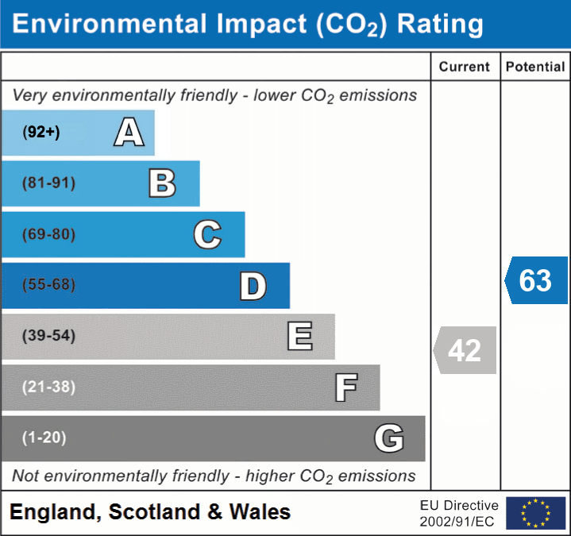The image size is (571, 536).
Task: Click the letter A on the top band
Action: (x=129, y=132)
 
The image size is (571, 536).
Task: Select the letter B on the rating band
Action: (x=162, y=183)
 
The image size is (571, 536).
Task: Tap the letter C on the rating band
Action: (x=207, y=234)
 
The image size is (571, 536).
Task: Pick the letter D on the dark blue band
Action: (x=253, y=286)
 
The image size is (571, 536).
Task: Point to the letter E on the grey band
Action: (x=299, y=337)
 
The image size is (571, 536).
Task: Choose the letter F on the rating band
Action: (x=345, y=388)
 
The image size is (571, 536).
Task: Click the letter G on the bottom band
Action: (x=389, y=438)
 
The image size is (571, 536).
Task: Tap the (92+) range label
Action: (x=41, y=133)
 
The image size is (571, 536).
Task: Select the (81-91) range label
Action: (x=49, y=183)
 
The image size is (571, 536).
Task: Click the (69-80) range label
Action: (x=49, y=234)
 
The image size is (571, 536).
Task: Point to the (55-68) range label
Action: (x=49, y=285)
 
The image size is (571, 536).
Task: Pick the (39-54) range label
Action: (x=49, y=336)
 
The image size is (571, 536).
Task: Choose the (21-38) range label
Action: (x=49, y=388)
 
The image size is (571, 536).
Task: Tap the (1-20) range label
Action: (x=44, y=438)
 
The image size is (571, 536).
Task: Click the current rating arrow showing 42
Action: (x=465, y=350)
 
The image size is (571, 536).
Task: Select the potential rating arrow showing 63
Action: (x=536, y=280)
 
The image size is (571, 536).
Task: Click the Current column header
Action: (x=465, y=67)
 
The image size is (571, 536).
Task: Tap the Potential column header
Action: (x=535, y=67)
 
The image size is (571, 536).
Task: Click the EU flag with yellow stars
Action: (x=535, y=513)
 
